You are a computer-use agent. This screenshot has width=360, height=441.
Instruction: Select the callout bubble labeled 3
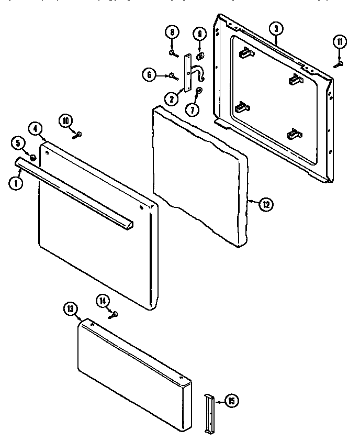pyautogui.click(x=276, y=28)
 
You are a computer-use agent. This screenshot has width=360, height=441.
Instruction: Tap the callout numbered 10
pyautogui.click(x=65, y=121)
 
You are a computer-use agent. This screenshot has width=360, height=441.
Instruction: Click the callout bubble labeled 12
pyautogui.click(x=266, y=204)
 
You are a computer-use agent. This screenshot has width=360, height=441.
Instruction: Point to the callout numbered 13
pyautogui.click(x=72, y=310)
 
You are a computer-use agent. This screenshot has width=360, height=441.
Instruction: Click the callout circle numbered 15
pyautogui.click(x=232, y=402)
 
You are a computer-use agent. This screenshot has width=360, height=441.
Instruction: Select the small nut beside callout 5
pyautogui.click(x=32, y=158)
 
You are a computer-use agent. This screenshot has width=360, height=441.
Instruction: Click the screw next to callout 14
pyautogui.click(x=114, y=314)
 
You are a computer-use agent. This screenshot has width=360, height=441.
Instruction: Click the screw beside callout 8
pyautogui.click(x=172, y=52)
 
